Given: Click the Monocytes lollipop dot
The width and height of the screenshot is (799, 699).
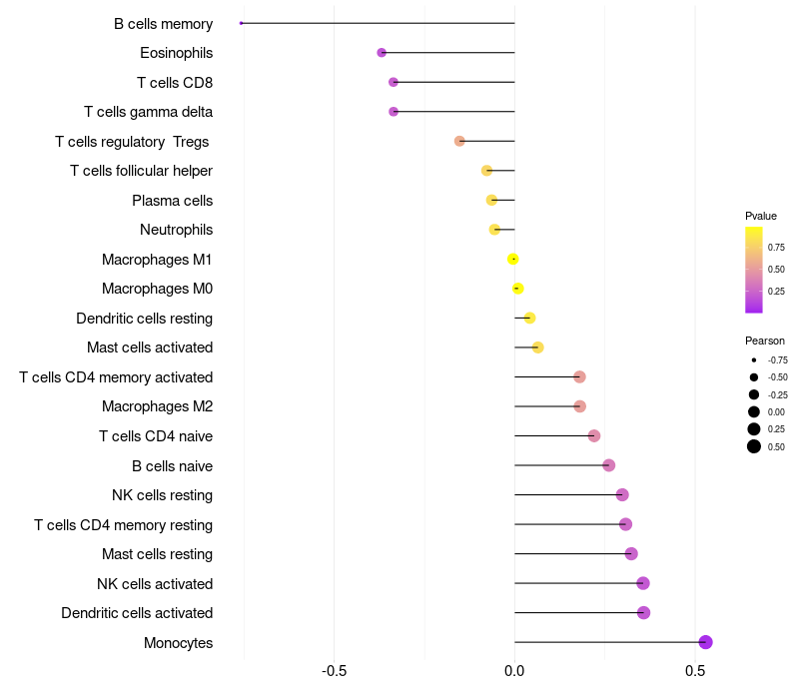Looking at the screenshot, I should point(705,642).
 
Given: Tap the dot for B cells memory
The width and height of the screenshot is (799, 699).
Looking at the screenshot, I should point(242,23).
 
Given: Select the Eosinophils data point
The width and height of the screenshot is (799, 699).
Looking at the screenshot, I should point(382,53).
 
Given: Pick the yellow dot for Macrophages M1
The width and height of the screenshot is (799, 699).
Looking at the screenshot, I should point(513,260).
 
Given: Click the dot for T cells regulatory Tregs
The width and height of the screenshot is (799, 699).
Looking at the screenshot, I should point(459,142).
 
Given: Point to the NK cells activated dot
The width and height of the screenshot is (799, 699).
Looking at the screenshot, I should point(643,583).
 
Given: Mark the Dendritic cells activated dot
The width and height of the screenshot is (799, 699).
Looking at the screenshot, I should point(643,613).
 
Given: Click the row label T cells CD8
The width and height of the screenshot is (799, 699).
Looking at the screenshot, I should point(175,82).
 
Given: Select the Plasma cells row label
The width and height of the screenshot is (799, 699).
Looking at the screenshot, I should point(172,201).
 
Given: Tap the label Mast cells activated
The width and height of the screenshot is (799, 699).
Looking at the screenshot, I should point(150,348).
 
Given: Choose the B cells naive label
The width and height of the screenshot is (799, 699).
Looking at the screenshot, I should point(172,465).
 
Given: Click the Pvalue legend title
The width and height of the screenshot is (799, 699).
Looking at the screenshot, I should point(761,216).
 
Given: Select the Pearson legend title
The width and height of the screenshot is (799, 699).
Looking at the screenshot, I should point(765,341).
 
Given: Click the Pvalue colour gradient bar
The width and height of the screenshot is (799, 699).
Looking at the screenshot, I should point(754,270).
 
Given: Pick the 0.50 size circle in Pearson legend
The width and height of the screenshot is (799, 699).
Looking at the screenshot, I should point(754,446).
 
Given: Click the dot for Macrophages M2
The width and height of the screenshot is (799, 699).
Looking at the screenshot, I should point(579,406).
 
